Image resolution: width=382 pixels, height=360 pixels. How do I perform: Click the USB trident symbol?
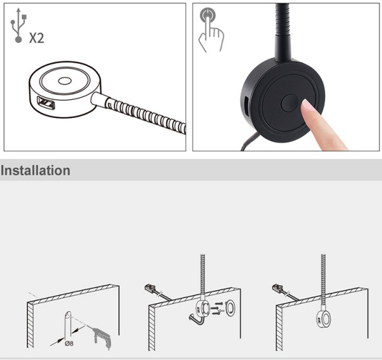[15, 25]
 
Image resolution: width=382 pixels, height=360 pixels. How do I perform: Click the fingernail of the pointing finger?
[308, 104]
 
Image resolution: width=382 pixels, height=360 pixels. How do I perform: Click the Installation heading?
[36, 171]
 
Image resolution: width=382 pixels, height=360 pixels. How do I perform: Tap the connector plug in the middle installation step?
[149, 288]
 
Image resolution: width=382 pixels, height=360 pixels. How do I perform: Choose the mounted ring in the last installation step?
[323, 320]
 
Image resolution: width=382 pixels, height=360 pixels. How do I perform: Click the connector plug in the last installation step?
[276, 288]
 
